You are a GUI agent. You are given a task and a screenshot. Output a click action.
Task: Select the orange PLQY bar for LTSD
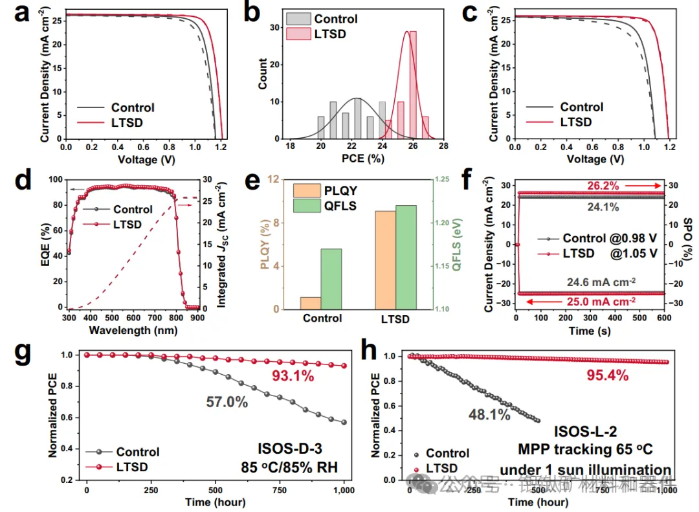coord(385,260)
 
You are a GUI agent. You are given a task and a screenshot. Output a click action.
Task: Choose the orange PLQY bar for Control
coord(311,303)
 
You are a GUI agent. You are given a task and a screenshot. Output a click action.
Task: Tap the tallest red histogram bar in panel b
coord(412,85)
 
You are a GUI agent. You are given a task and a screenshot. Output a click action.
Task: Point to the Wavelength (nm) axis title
coord(134,330)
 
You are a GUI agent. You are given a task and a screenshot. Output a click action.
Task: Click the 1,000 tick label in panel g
coord(344,491)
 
